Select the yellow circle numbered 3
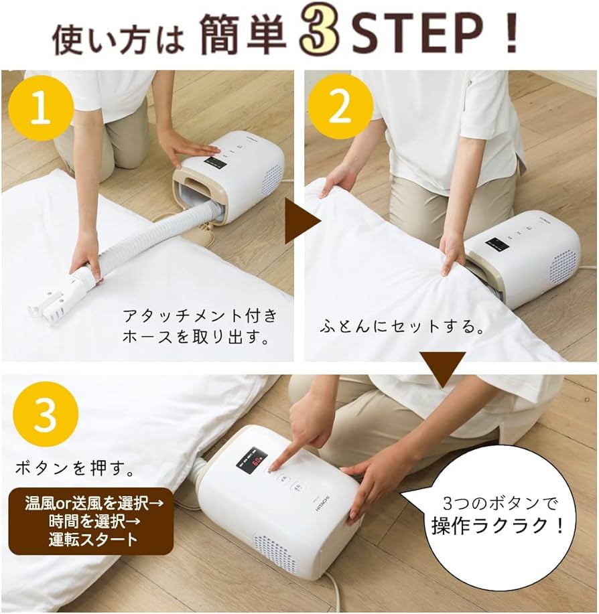[45, 415]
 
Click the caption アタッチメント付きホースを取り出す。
[199, 326]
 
